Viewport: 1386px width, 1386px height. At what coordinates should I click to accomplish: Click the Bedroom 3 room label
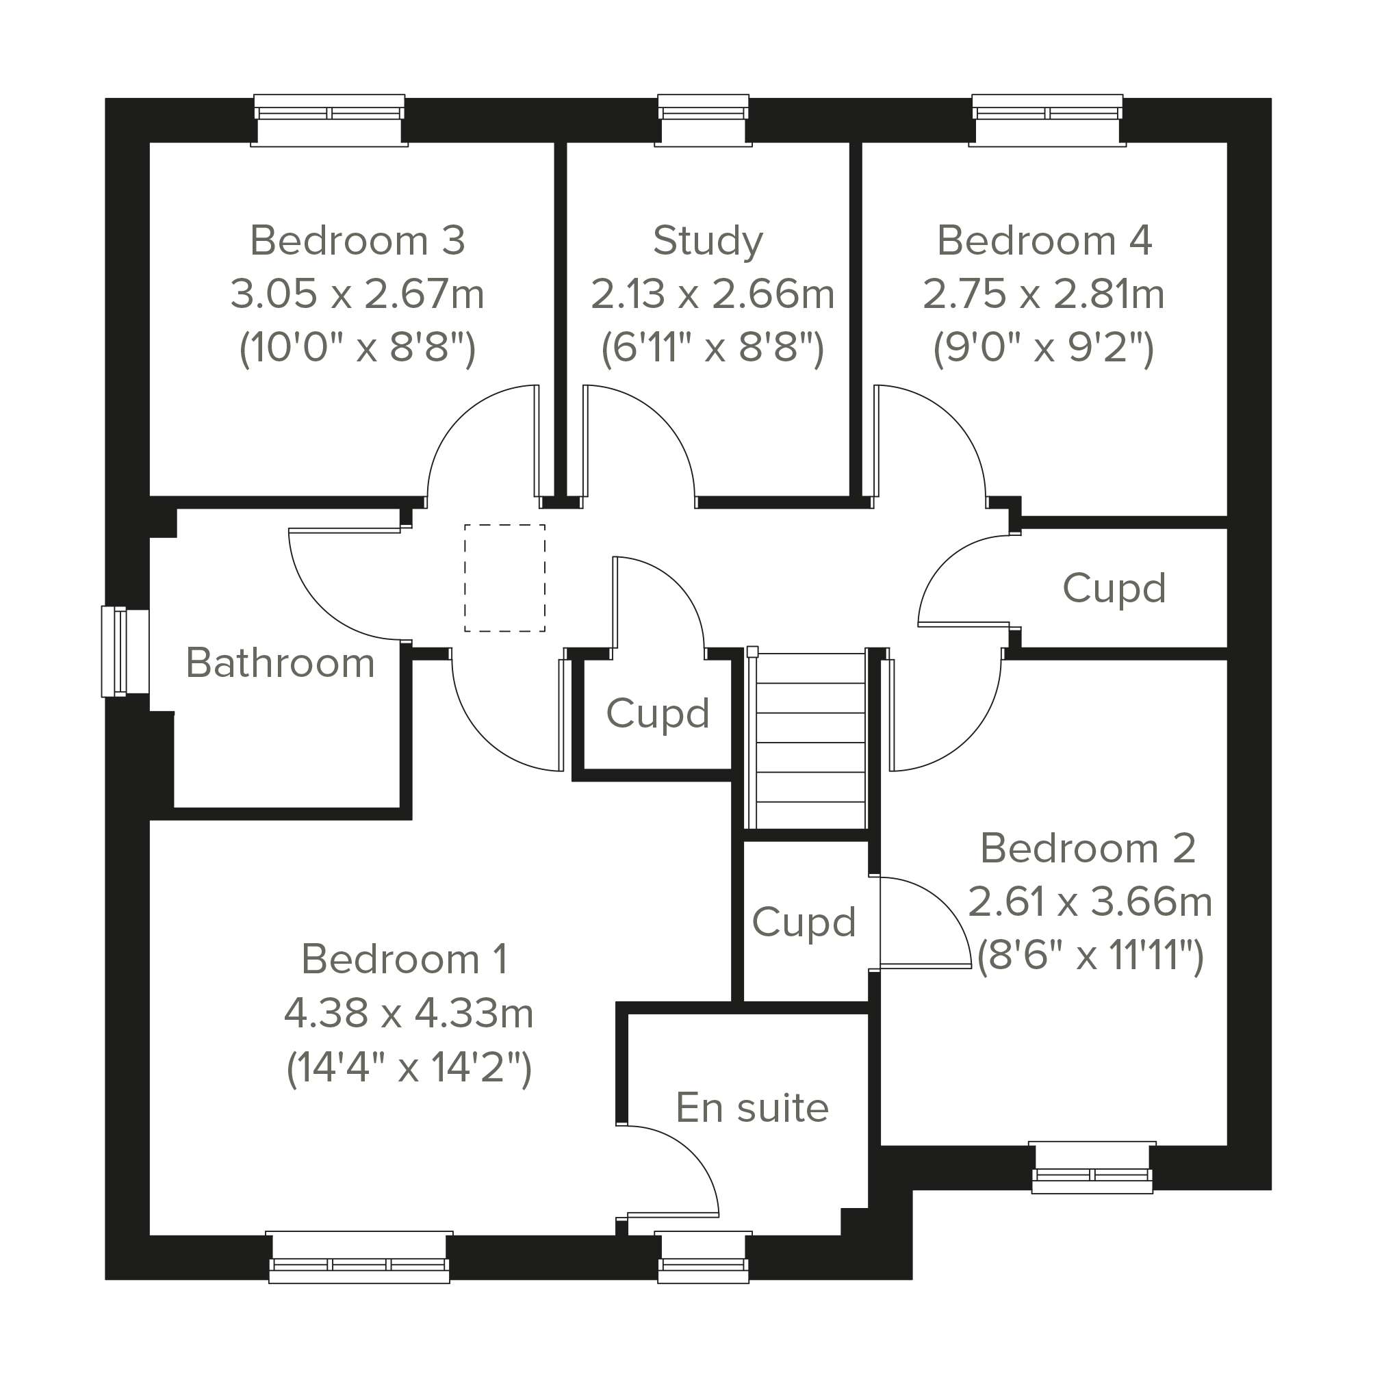(x=357, y=240)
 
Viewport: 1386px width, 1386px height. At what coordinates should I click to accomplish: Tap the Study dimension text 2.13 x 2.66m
(x=712, y=294)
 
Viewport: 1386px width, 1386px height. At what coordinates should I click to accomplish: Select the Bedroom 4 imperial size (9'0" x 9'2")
(x=1043, y=348)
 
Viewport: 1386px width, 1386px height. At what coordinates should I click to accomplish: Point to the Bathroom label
(x=280, y=663)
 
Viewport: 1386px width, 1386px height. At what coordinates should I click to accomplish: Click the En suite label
(x=752, y=1107)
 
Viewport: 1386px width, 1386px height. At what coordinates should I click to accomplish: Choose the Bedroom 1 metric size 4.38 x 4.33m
(x=408, y=1014)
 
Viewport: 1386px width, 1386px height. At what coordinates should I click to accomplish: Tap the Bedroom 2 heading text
(x=1088, y=849)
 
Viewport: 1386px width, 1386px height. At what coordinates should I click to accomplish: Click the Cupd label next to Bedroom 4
(x=1114, y=588)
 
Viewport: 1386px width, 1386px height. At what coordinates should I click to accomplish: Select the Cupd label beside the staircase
(x=657, y=713)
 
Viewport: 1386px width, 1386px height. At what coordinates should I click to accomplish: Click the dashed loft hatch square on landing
(x=504, y=578)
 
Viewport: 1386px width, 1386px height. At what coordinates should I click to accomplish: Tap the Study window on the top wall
(x=703, y=119)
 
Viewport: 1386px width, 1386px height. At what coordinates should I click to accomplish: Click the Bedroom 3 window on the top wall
(x=329, y=119)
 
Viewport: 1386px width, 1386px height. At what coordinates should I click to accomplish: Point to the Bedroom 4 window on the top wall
(x=1047, y=119)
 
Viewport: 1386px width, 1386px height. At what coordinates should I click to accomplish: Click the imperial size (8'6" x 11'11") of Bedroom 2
(x=1090, y=956)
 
